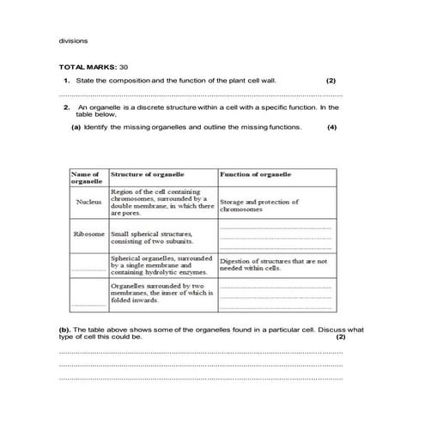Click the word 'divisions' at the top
click(x=73, y=40)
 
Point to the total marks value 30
click(x=124, y=66)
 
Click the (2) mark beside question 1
click(x=331, y=80)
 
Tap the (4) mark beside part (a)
click(x=331, y=127)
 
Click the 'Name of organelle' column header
click(x=88, y=178)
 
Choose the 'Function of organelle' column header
click(x=256, y=173)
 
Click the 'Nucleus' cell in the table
click(x=88, y=203)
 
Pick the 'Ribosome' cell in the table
click(x=89, y=234)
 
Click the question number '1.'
click(x=67, y=80)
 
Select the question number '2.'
click(x=67, y=107)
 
